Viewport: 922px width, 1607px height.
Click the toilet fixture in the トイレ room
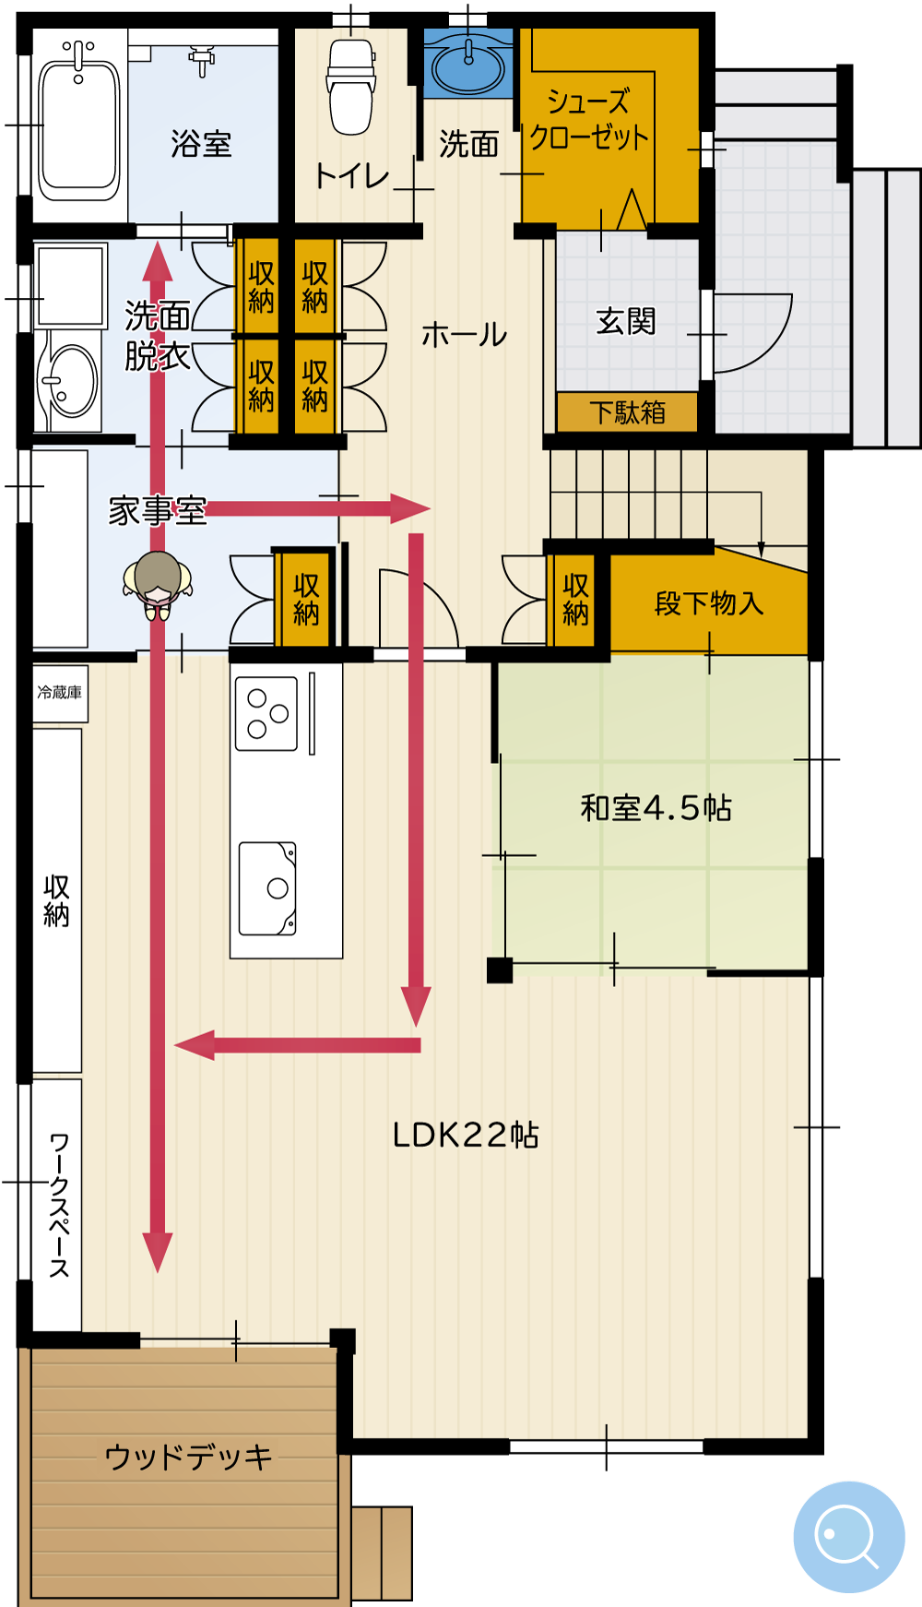(x=350, y=86)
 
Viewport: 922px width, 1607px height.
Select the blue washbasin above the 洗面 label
(x=468, y=65)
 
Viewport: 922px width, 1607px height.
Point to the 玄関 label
(x=625, y=322)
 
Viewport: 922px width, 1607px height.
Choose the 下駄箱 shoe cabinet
(x=627, y=411)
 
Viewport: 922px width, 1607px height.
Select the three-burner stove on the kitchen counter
(x=266, y=713)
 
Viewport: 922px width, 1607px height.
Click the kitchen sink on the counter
(x=267, y=888)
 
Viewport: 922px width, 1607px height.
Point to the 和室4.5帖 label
(x=656, y=808)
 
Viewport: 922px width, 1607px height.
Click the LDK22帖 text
(x=466, y=1135)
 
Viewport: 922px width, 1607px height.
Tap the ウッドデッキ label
(x=189, y=1458)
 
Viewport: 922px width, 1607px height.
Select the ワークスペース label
(x=59, y=1205)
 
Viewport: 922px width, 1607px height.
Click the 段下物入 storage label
(x=709, y=603)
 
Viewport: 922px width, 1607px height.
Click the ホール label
(x=464, y=335)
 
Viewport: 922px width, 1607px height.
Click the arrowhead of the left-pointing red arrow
(x=195, y=1045)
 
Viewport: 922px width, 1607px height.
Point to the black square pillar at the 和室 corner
(x=500, y=970)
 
